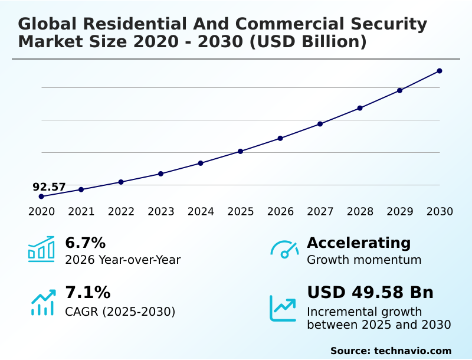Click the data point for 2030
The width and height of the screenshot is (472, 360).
440,71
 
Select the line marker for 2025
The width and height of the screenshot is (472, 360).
241,152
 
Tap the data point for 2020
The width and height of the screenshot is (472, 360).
41,197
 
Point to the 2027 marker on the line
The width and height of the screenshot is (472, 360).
320,124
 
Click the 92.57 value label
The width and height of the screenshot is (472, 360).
49,187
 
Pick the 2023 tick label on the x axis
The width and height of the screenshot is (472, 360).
161,212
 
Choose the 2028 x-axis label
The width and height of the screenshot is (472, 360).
360,212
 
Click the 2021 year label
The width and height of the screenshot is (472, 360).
81,212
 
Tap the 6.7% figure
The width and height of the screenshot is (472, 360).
85,243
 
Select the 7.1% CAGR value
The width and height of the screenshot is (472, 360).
87,293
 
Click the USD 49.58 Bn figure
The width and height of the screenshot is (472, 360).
370,293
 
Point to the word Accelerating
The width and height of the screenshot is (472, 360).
359,243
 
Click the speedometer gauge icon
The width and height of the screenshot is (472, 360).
284,250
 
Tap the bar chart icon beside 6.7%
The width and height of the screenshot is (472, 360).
41,249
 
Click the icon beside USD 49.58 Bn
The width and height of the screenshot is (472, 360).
283,307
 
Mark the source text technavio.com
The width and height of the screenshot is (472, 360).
412,351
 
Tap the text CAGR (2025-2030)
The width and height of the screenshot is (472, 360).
120,312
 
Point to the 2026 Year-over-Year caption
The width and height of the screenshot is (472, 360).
123,260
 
